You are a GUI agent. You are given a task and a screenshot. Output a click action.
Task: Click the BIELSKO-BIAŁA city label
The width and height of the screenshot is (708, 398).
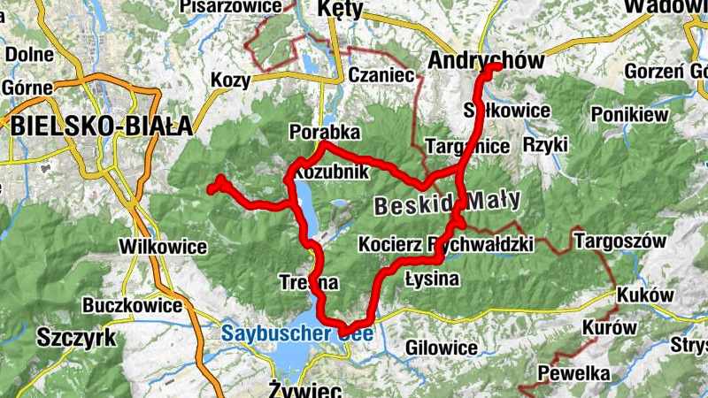(101, 125)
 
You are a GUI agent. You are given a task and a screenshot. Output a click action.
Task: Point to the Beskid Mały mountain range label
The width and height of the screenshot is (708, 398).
(448, 203)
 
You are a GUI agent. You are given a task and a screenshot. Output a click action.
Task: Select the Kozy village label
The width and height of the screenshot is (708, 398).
(231, 80)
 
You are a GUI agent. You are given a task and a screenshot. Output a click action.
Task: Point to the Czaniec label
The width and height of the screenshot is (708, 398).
(381, 75)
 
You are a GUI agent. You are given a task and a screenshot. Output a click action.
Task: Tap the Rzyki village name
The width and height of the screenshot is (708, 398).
(540, 143)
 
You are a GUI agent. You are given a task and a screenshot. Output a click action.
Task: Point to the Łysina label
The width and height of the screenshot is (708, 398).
(432, 280)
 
